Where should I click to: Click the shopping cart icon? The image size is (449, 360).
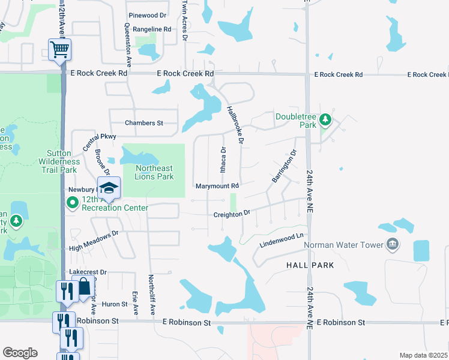pos(60,49)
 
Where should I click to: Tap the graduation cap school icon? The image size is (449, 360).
pos(109,188)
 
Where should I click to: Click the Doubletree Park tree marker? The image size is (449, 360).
pos(325,120)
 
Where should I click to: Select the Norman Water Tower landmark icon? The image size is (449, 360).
pos(393,244)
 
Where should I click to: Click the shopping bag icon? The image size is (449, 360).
pos(85,287)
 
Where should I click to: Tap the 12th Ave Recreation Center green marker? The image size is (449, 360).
pos(73,202)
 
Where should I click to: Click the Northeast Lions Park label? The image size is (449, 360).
pos(154,172)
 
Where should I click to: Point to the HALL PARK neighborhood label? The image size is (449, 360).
pos(311,265)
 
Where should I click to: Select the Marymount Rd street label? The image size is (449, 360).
pos(217,186)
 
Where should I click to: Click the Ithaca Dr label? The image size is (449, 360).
pos(223,159)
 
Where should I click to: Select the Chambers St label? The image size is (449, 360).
pos(144,123)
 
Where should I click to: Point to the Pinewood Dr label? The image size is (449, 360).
pos(147,15)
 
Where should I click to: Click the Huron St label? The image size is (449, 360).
pos(115,304)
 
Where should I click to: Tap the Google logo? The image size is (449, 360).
pos(20,352)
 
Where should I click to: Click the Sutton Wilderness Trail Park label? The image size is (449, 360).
pos(59,162)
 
